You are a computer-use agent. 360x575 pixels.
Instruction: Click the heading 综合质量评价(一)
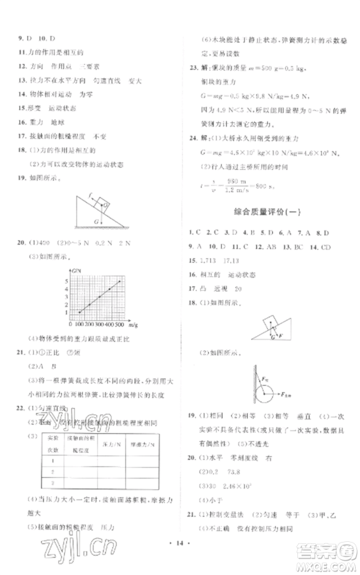click(x=265, y=210)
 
